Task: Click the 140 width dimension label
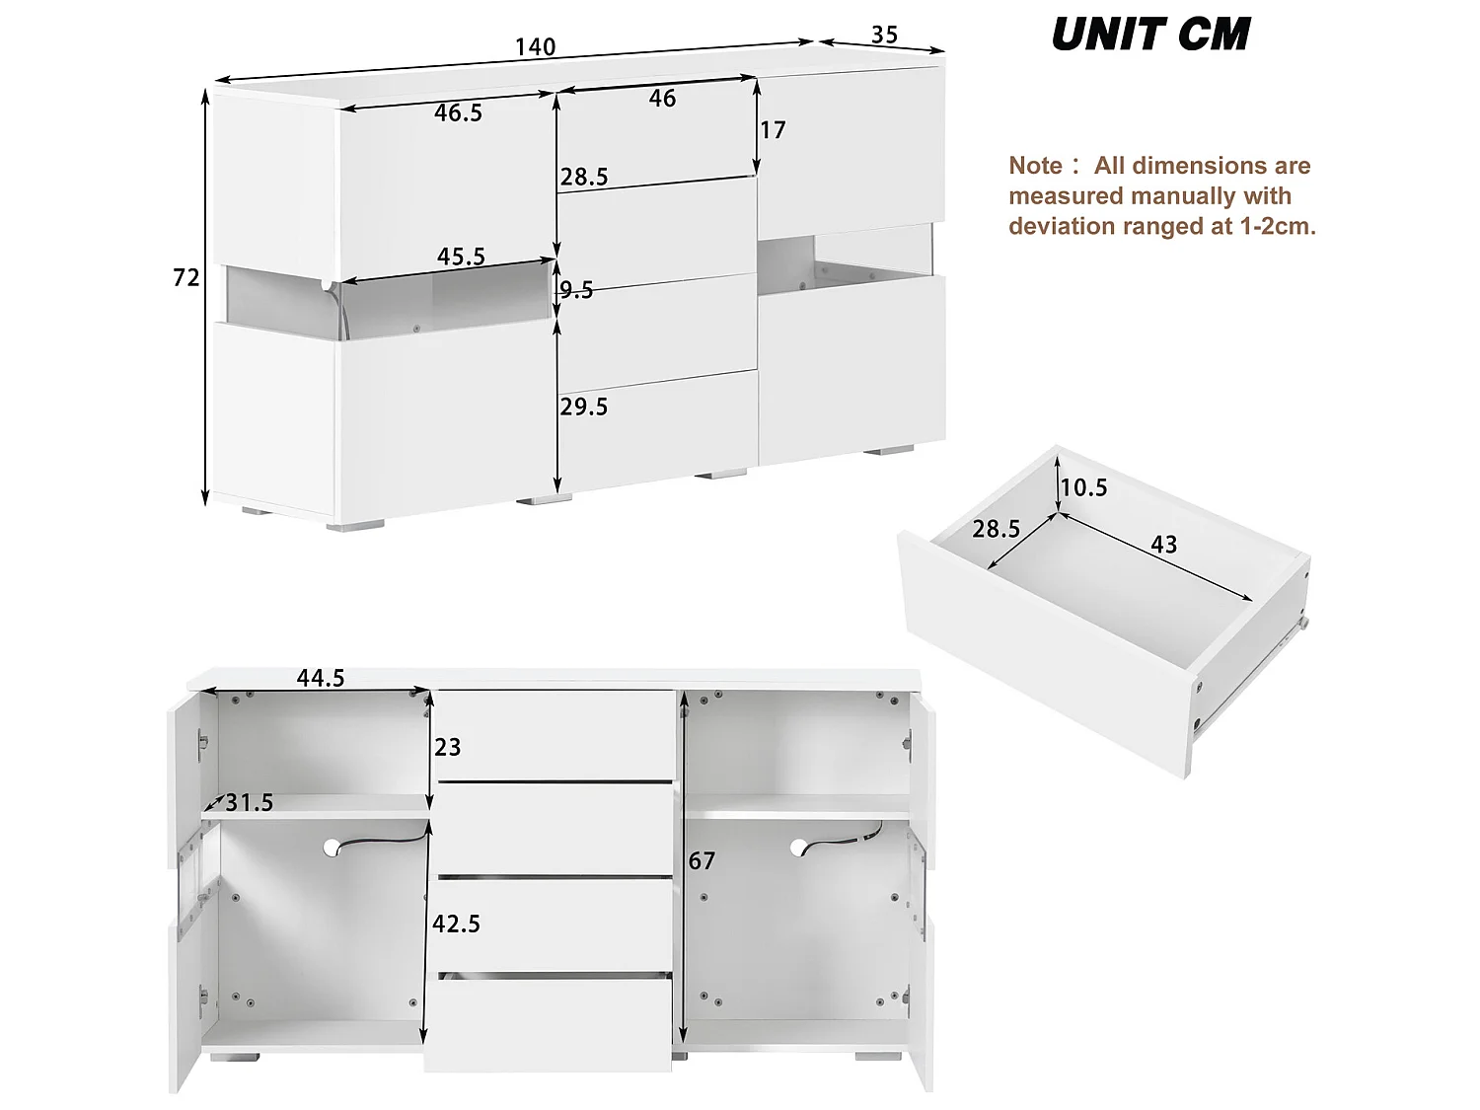535,46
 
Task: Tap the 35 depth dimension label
884,35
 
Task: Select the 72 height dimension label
186,278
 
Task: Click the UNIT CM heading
1150,36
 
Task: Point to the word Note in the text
1035,166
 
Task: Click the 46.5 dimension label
458,112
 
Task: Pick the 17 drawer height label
773,130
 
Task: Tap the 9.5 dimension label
577,289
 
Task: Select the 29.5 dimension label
584,407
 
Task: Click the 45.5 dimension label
461,257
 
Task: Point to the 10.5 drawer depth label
1084,487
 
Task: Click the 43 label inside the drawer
1164,544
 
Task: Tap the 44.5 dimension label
321,678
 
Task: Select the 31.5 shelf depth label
249,803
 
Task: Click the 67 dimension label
702,861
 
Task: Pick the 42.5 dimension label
457,924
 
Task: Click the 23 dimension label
448,747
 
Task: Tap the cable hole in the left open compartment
332,846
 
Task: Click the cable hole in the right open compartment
798,846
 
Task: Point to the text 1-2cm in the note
1278,227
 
